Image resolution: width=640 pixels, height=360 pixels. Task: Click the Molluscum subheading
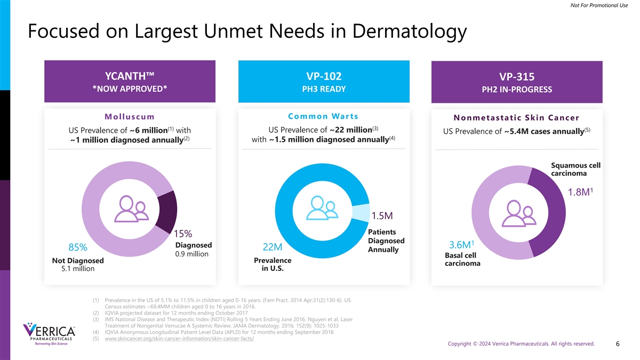(x=130, y=117)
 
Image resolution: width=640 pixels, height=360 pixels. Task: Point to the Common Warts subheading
(x=323, y=116)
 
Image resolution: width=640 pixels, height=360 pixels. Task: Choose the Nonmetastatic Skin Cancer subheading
(x=516, y=117)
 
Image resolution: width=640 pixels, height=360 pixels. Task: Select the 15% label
(x=183, y=234)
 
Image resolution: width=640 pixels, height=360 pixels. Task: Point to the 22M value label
(x=273, y=248)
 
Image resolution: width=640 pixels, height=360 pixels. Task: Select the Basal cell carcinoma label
(x=462, y=259)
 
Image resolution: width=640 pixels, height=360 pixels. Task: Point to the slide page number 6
(x=617, y=344)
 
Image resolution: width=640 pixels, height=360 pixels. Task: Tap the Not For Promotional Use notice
(x=598, y=6)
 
